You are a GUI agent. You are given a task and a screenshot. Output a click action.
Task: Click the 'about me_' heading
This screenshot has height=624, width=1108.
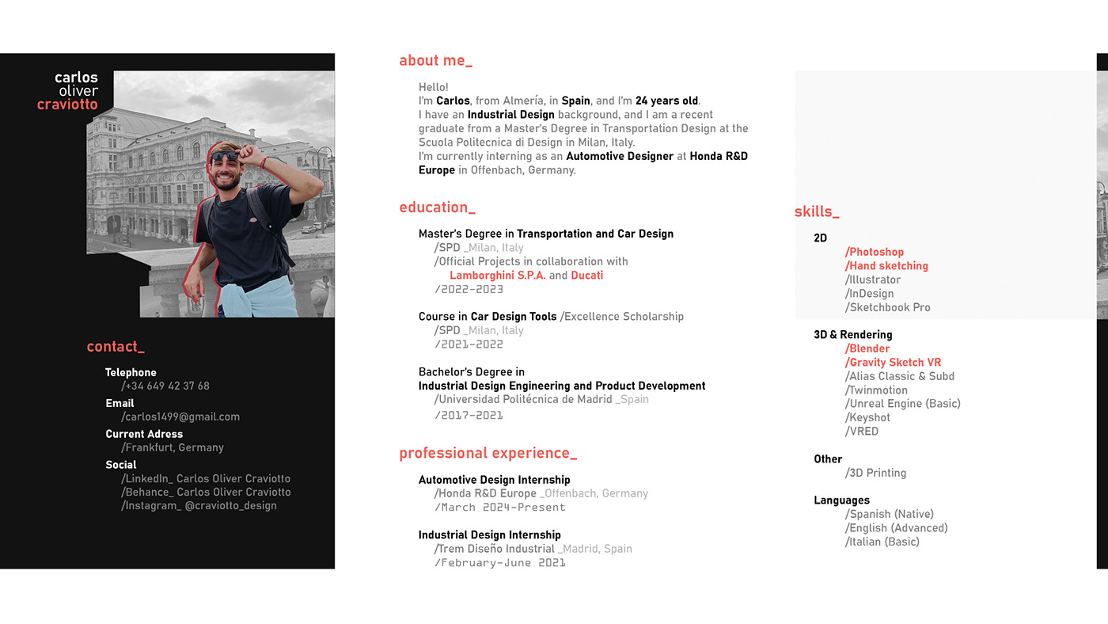pos(435,61)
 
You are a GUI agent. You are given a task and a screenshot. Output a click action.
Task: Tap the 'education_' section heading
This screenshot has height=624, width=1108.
pos(437,207)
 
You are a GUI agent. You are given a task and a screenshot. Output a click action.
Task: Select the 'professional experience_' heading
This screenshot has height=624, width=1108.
pos(488,453)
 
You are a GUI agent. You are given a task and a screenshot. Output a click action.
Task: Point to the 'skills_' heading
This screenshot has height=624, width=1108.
pos(816,211)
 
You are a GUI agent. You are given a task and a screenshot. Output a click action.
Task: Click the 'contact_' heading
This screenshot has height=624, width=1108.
pos(116,347)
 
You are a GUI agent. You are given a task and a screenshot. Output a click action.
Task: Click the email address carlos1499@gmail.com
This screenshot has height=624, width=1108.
pos(180,417)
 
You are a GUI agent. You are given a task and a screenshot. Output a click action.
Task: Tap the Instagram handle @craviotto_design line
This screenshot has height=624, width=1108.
pos(199,506)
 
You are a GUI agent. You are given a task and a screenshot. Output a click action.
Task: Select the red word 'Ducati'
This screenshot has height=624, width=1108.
pos(586,276)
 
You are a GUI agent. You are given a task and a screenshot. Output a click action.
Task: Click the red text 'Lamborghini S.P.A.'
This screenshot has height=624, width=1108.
pos(497,276)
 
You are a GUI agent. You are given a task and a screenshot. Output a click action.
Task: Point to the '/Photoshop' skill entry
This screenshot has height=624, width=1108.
pos(875,253)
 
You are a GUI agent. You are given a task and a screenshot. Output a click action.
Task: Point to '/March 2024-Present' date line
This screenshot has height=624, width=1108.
pos(499,508)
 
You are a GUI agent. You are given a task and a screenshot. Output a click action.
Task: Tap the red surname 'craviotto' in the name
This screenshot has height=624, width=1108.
pos(67,105)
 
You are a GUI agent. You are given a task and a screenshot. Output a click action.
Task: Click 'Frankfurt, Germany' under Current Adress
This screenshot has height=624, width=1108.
pos(173,447)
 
